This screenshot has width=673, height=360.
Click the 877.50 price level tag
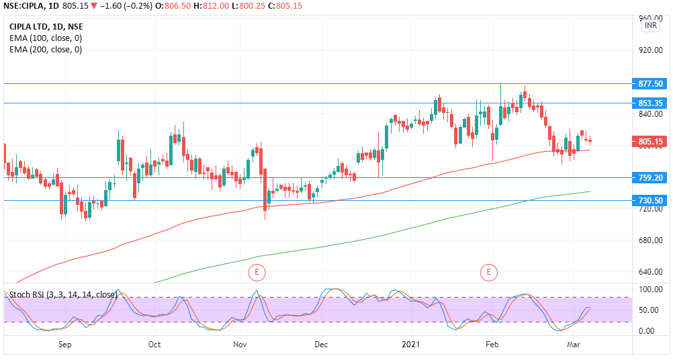click(651, 84)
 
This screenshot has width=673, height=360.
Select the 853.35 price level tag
click(651, 103)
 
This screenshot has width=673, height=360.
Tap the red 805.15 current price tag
click(651, 142)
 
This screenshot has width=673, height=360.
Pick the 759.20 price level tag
click(651, 178)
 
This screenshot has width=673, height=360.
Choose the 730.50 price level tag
click(651, 201)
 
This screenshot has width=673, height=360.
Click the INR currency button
click(651, 26)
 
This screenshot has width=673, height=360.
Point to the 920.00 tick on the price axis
click(651, 50)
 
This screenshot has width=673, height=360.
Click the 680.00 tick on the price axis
click(651, 240)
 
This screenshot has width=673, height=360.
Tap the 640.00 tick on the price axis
click(651, 272)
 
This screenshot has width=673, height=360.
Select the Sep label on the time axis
click(64, 345)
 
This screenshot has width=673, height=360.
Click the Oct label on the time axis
click(154, 345)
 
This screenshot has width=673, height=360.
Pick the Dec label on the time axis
click(321, 345)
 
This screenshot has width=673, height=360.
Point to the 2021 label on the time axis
click(410, 345)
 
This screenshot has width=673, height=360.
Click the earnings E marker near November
click(257, 272)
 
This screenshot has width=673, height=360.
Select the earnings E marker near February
click(488, 272)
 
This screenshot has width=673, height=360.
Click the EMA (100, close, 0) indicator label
click(46, 38)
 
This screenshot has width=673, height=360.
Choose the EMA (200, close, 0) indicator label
click(46, 49)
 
